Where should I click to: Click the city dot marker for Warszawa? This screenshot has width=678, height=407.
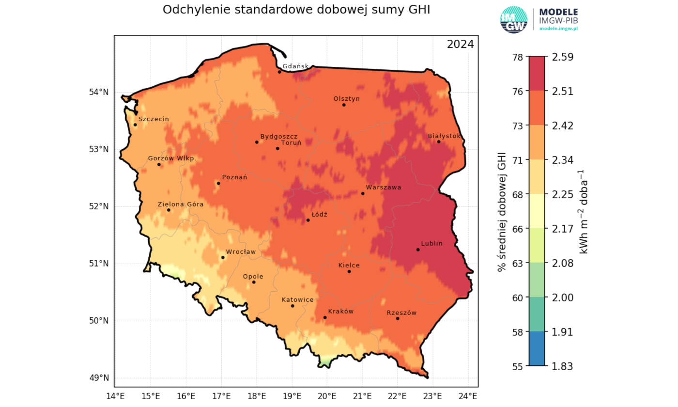(x=363, y=193)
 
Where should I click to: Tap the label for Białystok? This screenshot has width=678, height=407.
(x=444, y=136)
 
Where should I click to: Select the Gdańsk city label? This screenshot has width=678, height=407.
(x=295, y=66)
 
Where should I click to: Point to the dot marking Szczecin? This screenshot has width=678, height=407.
(x=135, y=125)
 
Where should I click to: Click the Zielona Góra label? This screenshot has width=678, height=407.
(x=181, y=204)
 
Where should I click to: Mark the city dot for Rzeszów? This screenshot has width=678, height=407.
(x=398, y=318)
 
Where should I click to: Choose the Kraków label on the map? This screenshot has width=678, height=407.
(x=341, y=312)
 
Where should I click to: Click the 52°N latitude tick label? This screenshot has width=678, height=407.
(x=101, y=206)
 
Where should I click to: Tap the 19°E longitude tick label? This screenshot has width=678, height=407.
(x=292, y=396)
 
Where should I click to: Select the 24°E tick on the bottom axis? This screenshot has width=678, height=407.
(x=468, y=396)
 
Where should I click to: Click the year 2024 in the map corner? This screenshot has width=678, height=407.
(x=460, y=45)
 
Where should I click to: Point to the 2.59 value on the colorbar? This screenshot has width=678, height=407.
(x=562, y=57)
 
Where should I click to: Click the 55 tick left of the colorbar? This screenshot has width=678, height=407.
(x=516, y=366)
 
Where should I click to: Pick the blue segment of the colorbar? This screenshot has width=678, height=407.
(x=537, y=349)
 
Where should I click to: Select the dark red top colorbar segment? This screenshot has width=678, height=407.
(x=537, y=74)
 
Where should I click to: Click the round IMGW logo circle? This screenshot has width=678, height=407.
(x=513, y=20)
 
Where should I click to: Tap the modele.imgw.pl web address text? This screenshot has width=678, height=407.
(x=559, y=29)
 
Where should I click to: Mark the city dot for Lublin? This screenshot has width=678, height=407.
(x=418, y=250)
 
